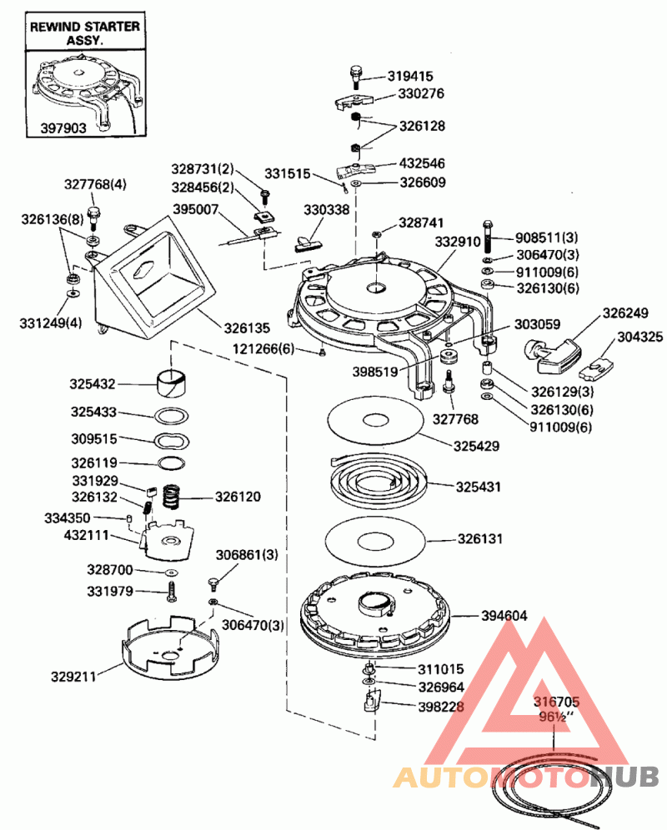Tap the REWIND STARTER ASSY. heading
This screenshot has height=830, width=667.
coord(84,32)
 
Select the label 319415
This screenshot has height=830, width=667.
coord(410,76)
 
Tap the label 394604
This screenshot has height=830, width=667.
coord(504,617)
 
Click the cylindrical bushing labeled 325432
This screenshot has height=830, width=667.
coord(173,384)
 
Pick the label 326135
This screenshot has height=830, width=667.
coord(247,326)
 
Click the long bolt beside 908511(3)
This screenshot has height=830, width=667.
coord(487,232)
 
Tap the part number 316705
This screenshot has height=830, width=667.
coord(557,703)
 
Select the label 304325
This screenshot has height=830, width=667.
coord(640,337)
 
